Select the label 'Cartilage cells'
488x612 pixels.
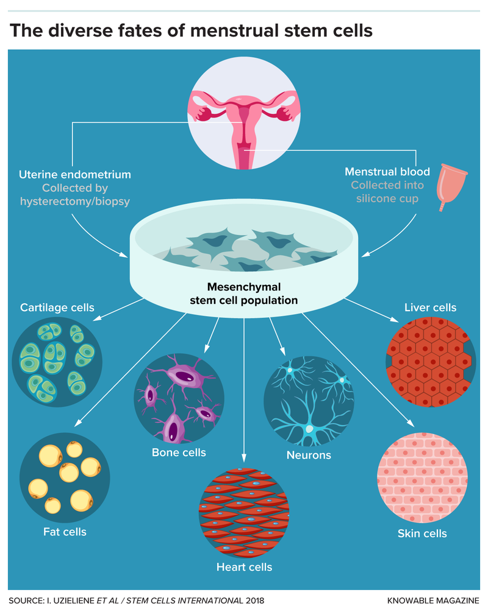pyautogui.click(x=57, y=308)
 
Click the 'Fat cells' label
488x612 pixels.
pyautogui.click(x=65, y=532)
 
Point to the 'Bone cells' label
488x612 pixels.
pyautogui.click(x=179, y=452)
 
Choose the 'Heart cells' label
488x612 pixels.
pyautogui.click(x=244, y=568)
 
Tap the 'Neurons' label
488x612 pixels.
pyautogui.click(x=309, y=455)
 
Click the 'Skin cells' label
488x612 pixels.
pyautogui.click(x=422, y=533)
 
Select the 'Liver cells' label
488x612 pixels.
pyautogui.click(x=430, y=308)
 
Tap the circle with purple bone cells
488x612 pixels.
pyautogui.click(x=179, y=399)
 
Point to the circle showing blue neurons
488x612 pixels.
pyautogui.click(x=309, y=401)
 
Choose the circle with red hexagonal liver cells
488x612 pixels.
pyautogui.click(x=430, y=362)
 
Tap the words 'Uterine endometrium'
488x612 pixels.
pyautogui.click(x=74, y=174)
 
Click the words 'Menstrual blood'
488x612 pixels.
pyautogui.click(x=388, y=172)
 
